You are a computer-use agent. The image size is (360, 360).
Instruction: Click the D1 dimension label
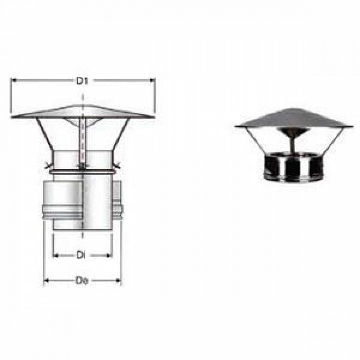pos(82,82)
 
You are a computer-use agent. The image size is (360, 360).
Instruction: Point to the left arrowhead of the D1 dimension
pos(14,81)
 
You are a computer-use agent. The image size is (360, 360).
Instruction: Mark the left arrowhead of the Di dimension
pos(55,255)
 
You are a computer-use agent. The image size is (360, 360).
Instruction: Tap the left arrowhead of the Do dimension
pos(46,280)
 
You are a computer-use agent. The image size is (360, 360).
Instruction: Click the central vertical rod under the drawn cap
pos(83,142)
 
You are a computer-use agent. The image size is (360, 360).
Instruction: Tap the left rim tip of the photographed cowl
pos(235,126)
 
